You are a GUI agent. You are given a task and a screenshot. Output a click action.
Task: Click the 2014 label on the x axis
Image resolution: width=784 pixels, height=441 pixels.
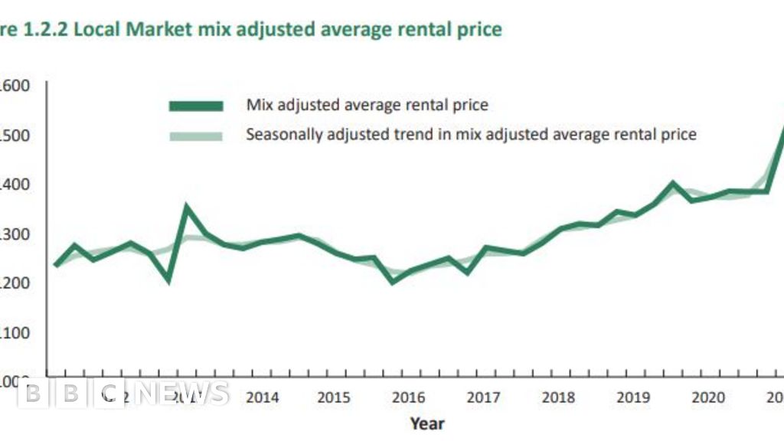pyautogui.click(x=262, y=397)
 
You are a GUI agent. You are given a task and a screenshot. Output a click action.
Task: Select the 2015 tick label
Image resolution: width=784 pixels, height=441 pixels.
pyautogui.click(x=334, y=397)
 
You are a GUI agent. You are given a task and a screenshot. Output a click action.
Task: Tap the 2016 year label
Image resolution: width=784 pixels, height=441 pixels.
pyautogui.click(x=408, y=397)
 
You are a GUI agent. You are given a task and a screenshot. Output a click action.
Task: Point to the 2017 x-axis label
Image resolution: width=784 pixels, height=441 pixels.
pyautogui.click(x=483, y=397)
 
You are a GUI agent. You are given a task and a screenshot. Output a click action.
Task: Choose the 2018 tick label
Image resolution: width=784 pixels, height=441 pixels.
pyautogui.click(x=557, y=397)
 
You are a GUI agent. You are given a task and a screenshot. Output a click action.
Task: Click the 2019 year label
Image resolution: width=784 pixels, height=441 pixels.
pyautogui.click(x=632, y=397)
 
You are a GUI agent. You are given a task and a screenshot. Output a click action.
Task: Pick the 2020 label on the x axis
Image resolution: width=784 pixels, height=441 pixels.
pyautogui.click(x=707, y=397)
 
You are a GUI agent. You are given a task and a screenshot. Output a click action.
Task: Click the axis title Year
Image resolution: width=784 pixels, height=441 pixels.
pyautogui.click(x=426, y=423)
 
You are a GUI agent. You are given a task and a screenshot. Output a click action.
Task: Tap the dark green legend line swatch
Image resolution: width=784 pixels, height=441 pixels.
pyautogui.click(x=196, y=105)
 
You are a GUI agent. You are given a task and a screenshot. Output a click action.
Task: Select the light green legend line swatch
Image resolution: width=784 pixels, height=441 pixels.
pyautogui.click(x=196, y=136)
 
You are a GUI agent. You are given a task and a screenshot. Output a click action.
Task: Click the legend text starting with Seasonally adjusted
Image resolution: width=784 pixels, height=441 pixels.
pyautogui.click(x=471, y=135)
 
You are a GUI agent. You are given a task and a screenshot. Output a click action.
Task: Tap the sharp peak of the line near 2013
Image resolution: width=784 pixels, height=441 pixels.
pyautogui.click(x=187, y=206)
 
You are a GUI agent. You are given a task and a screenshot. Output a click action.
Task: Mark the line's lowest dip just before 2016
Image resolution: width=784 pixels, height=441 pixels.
pyautogui.click(x=394, y=281)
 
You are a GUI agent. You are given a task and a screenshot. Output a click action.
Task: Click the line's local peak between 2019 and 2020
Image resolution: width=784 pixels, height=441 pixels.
pyautogui.click(x=672, y=183)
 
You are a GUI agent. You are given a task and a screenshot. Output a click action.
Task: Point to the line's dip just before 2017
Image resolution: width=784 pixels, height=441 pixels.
pyautogui.click(x=468, y=272)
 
